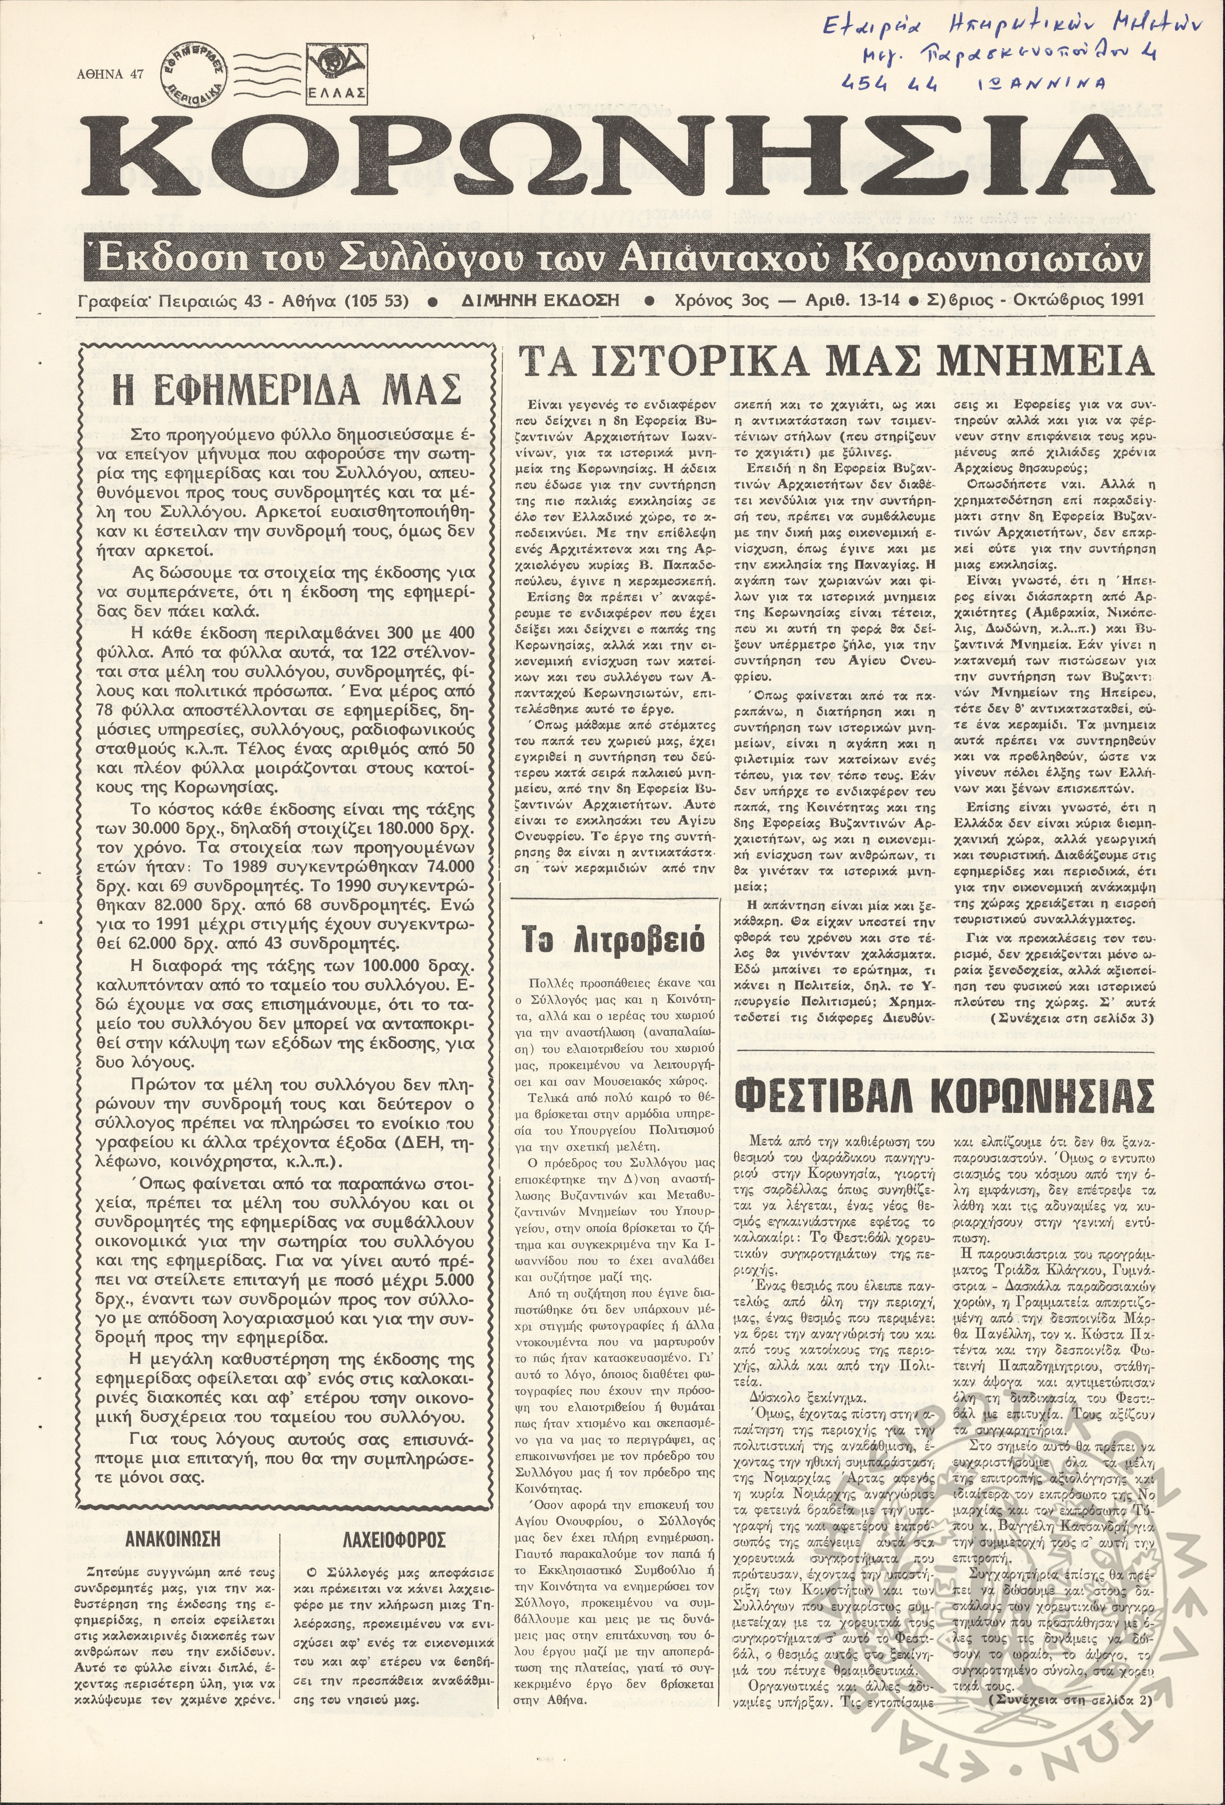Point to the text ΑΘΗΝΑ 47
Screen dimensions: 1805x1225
111,75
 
